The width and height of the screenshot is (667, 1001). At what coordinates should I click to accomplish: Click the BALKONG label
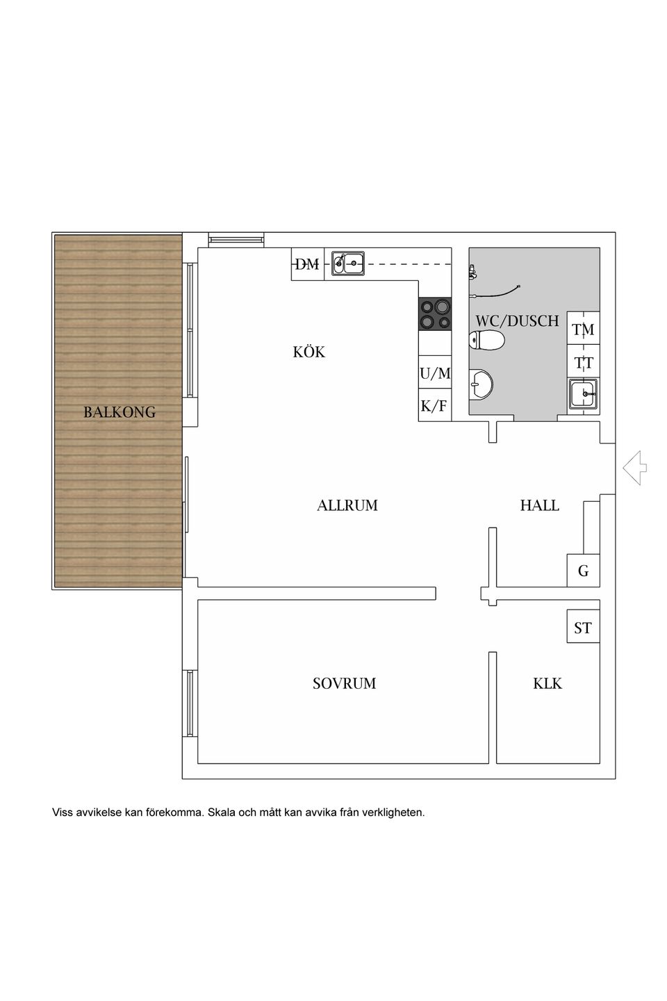tap(120, 412)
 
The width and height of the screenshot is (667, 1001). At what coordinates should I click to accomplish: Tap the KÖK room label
tap(308, 351)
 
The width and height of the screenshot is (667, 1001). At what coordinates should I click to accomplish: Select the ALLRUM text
tap(347, 505)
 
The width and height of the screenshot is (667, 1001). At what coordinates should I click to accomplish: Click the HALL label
tap(539, 505)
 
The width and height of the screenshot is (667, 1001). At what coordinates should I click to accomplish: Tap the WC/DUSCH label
tap(517, 320)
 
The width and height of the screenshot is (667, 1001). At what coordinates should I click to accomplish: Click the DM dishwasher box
tap(307, 264)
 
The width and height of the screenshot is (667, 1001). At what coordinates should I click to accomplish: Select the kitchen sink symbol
tap(347, 263)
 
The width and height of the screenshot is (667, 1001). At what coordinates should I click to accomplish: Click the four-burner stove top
tap(435, 314)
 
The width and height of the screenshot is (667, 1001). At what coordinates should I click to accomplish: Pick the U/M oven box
tap(435, 373)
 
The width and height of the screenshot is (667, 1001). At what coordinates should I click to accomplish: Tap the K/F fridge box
tap(435, 405)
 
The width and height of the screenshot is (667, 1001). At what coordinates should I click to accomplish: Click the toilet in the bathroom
tap(486, 340)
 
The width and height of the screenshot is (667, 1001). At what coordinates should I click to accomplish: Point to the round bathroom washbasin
tap(481, 384)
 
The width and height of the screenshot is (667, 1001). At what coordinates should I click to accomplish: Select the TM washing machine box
tap(583, 328)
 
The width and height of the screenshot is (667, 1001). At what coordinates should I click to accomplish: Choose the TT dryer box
tap(583, 361)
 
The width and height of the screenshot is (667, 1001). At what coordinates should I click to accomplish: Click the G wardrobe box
tap(583, 570)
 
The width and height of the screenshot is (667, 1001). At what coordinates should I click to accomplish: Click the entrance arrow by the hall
tap(635, 467)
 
